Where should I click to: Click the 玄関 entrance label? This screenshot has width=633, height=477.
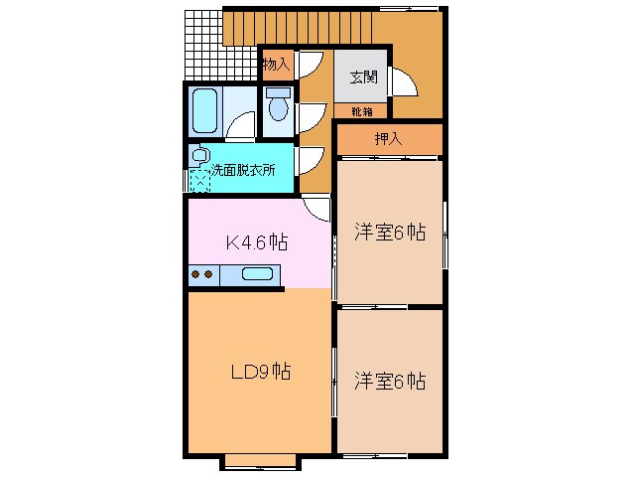[x=362, y=77]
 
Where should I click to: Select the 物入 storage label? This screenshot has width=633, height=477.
[x=276, y=65]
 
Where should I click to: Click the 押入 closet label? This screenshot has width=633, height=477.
[x=388, y=139]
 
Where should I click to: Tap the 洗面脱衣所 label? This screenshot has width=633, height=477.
[x=243, y=169]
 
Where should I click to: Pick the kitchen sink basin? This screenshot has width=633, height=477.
[x=257, y=275]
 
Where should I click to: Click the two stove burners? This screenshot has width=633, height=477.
[x=201, y=275]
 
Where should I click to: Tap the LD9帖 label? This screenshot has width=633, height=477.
[x=260, y=373]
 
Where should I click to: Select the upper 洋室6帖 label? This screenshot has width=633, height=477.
[x=390, y=233]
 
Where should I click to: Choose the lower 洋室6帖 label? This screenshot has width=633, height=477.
[x=390, y=380]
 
